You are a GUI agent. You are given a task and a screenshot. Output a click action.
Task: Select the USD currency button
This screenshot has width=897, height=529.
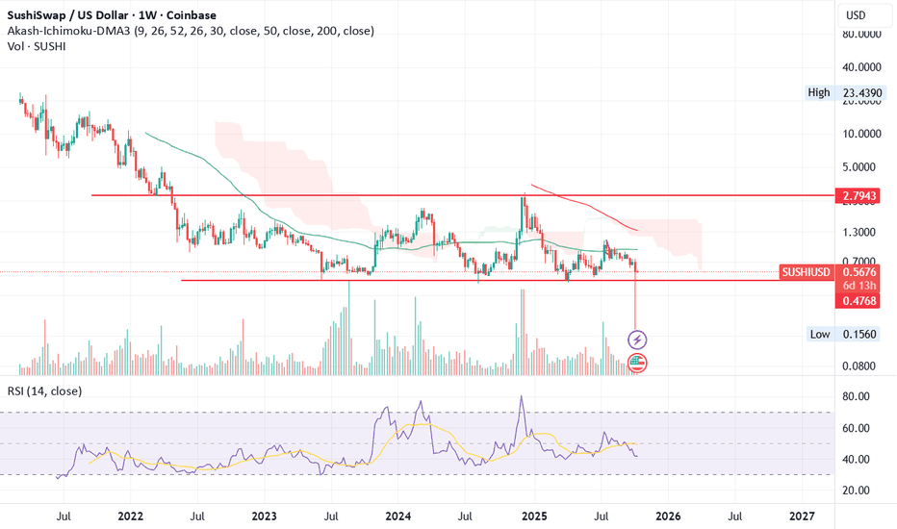pyautogui.click(x=856, y=15)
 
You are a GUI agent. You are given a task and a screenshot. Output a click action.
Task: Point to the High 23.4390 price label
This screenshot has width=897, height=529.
pyautogui.click(x=844, y=92)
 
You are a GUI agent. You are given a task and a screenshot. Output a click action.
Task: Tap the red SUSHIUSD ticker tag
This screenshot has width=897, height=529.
pyautogui.click(x=806, y=272)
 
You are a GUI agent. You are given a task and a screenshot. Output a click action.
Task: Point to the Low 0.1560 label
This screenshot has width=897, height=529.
pyautogui.click(x=843, y=334)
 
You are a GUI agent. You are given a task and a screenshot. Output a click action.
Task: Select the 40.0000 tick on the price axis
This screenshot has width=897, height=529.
pyautogui.click(x=861, y=67)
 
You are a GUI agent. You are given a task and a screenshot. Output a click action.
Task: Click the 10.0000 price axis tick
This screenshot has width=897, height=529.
pyautogui.click(x=861, y=134)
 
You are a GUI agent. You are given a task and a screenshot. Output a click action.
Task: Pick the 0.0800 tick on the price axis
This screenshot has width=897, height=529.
pyautogui.click(x=859, y=366)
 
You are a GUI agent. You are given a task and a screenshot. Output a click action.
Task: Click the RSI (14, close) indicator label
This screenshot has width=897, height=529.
pyautogui.click(x=44, y=391)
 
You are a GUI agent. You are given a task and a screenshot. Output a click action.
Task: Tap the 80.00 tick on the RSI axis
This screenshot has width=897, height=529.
pyautogui.click(x=856, y=396)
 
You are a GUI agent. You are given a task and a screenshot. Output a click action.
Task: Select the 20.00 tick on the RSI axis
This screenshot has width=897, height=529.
pyautogui.click(x=856, y=491)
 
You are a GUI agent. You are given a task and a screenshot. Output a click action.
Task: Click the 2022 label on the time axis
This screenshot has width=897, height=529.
pyautogui.click(x=131, y=516)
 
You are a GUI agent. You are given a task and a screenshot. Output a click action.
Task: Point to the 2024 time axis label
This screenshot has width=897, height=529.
pyautogui.click(x=398, y=516)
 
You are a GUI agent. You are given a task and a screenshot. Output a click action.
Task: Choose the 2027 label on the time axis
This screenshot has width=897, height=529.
pyautogui.click(x=802, y=516)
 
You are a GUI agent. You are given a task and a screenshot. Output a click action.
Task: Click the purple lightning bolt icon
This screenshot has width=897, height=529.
pyautogui.click(x=637, y=340)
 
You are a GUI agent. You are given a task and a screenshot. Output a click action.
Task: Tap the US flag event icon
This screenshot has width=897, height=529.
pyautogui.click(x=637, y=363)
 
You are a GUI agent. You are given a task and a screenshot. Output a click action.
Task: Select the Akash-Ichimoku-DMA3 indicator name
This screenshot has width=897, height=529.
pyautogui.click(x=68, y=31)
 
